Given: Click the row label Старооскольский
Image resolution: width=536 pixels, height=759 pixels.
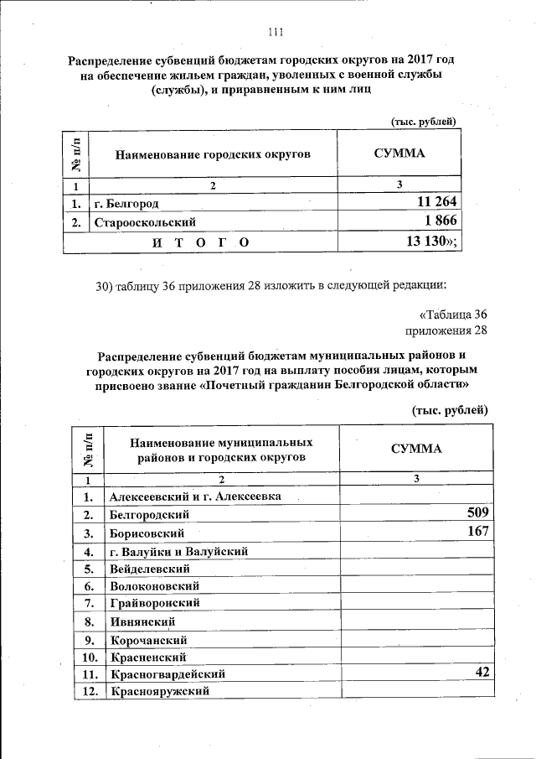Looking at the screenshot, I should pos(145,222).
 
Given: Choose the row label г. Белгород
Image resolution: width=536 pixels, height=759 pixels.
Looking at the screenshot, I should pos(126,203).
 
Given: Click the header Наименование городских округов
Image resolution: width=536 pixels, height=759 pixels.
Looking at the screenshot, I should pos(213,154).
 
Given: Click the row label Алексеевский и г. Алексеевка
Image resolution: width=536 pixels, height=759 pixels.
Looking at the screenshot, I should pos(194,496).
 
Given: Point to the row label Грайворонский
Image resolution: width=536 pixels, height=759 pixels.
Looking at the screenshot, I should pos(154,603).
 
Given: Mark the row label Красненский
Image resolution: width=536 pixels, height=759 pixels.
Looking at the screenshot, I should pos(147,657).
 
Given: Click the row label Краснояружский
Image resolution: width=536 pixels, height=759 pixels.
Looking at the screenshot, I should pos(158,693).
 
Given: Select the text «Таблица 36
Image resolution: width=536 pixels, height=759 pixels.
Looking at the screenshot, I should pos(452,315).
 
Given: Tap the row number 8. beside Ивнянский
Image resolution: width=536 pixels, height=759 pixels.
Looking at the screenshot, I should pos(87,621).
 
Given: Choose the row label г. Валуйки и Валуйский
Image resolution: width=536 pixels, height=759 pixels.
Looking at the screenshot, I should pos(178,551).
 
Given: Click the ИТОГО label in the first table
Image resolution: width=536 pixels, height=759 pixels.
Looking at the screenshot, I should pos(200,242).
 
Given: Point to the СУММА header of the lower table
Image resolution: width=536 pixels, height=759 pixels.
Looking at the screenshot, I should pos(416,449).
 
